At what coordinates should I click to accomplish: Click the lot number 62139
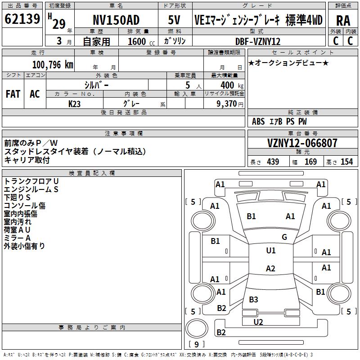(22, 18)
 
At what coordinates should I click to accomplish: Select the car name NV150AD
(116, 20)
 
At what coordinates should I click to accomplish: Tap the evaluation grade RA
(343, 21)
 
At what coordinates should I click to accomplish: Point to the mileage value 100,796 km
(53, 65)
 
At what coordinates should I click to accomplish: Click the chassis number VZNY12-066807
(302, 143)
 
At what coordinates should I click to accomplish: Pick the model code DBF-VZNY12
(258, 41)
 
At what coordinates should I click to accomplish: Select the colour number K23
(74, 104)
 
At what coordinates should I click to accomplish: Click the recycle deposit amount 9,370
(227, 104)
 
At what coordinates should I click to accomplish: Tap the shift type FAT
(13, 94)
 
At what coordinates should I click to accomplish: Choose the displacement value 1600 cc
(141, 41)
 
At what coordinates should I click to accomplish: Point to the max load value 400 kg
(232, 85)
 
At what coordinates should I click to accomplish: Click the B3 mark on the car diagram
(253, 299)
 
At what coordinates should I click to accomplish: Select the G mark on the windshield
(284, 237)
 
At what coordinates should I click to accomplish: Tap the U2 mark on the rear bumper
(258, 322)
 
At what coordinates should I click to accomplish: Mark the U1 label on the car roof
(271, 250)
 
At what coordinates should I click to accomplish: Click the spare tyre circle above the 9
(197, 328)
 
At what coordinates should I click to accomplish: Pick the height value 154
(346, 162)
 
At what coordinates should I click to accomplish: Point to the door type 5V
(174, 20)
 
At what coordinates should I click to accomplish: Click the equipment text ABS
(258, 121)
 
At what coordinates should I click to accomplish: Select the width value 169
(310, 162)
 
